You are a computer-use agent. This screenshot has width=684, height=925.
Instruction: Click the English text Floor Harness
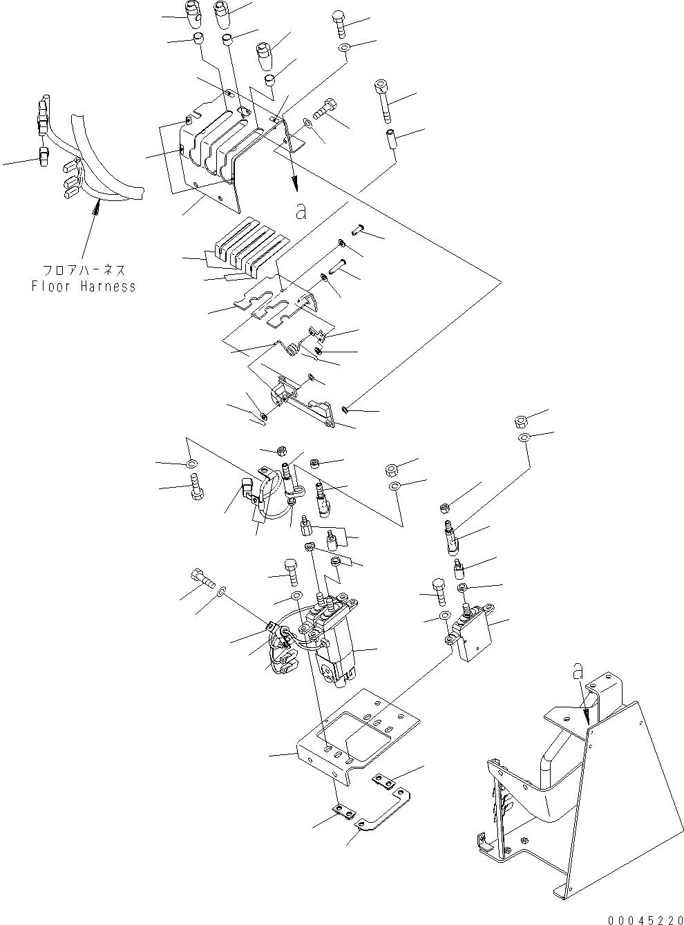pos(84,286)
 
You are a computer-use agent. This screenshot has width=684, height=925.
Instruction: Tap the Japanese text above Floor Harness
pos(84,271)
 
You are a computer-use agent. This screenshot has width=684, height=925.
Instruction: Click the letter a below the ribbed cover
pos(300,212)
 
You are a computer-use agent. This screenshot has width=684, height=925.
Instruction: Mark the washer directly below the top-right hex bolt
pos(345,48)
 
